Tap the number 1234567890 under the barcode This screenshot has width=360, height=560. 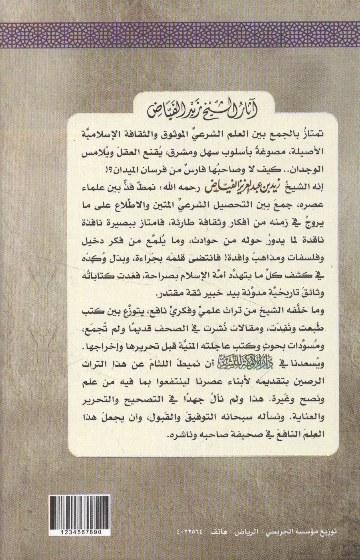[76, 532]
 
